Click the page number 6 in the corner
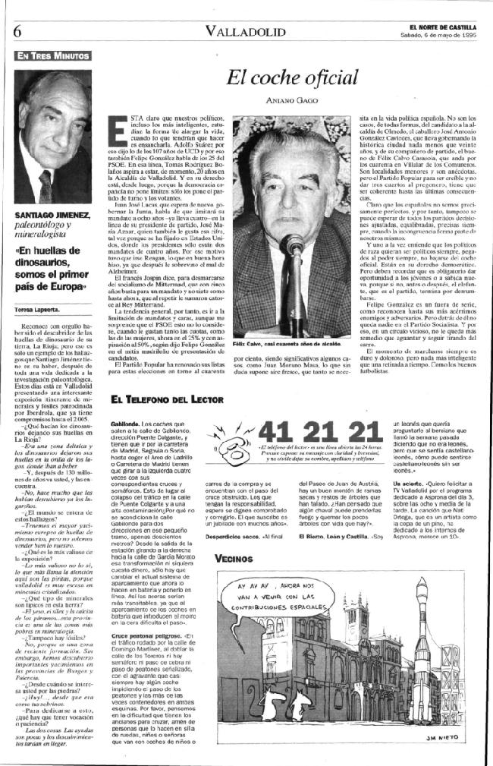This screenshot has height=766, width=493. [x=16, y=31]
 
